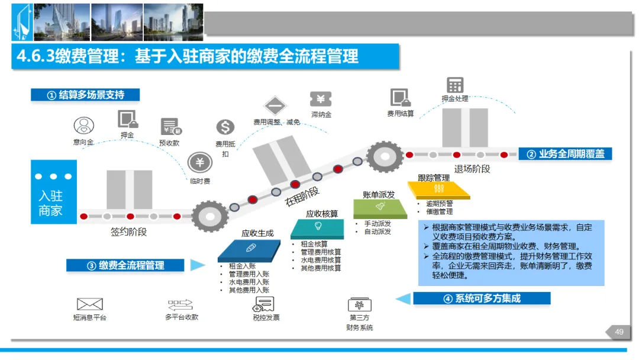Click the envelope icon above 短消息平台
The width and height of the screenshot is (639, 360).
point(90,304)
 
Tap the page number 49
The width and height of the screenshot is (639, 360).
point(619,332)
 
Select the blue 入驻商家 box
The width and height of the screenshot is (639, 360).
point(54,192)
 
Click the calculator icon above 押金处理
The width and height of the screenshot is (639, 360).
point(455,85)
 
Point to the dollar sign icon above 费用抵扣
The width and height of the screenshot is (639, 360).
point(225,127)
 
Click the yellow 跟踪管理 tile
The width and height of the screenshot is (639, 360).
point(439,190)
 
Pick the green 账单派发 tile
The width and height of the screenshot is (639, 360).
point(380,209)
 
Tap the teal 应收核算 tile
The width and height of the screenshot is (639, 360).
point(318,229)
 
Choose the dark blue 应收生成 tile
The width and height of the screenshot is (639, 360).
point(249,250)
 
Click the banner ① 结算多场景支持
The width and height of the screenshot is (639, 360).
point(85,95)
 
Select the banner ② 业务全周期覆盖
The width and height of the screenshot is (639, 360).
point(565,154)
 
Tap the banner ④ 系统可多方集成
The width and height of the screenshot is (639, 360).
point(482,298)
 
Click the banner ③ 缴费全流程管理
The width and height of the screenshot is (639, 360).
point(125,266)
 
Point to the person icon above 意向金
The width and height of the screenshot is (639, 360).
point(84,126)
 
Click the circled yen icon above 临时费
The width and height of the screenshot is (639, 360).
point(200,162)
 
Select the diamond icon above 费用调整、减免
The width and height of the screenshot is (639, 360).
point(275,106)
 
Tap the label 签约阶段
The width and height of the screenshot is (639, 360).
point(129,232)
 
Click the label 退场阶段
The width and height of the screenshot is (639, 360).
point(472,169)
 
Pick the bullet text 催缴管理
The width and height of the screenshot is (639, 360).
point(439,211)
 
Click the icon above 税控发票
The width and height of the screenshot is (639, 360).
point(264,304)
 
